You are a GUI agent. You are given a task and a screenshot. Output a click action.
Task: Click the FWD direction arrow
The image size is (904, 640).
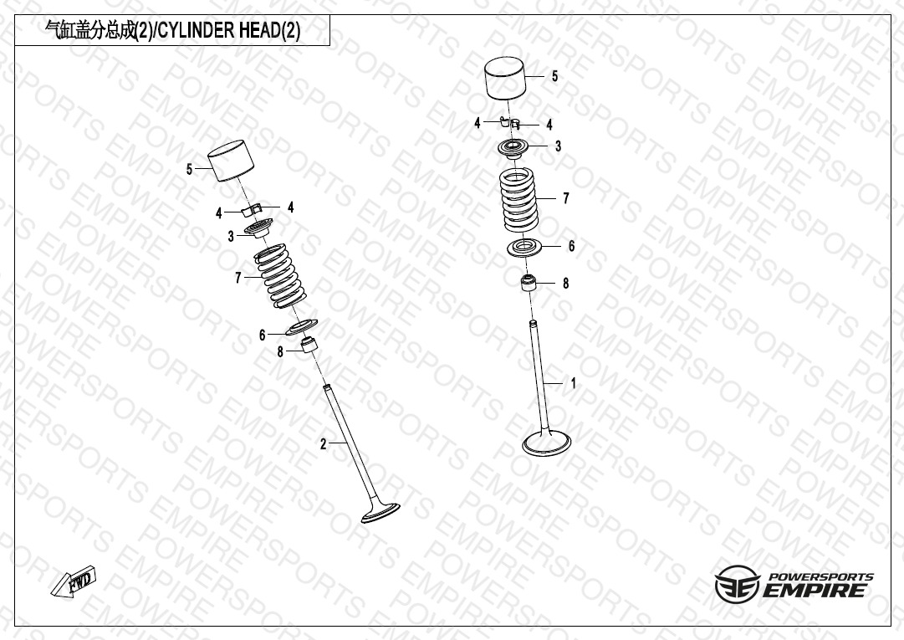[x=74, y=581]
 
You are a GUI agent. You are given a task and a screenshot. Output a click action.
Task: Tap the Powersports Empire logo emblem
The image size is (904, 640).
[x=738, y=584]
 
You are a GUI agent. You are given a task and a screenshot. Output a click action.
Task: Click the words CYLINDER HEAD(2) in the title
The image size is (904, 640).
[x=229, y=30]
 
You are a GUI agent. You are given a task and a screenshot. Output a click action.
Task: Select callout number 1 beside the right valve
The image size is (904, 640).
[x=573, y=383]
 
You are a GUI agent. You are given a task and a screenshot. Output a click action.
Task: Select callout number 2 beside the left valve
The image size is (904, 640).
[x=324, y=443]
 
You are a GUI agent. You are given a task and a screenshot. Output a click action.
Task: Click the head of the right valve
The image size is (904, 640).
[x=547, y=443]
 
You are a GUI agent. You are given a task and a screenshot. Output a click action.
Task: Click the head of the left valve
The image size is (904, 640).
[x=380, y=513]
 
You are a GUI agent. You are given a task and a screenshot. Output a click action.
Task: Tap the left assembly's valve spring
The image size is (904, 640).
[x=280, y=276]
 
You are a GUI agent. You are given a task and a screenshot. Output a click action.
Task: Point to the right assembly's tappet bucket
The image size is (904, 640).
[x=506, y=79]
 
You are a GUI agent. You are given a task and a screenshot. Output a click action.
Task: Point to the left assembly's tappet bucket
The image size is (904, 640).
[x=231, y=161]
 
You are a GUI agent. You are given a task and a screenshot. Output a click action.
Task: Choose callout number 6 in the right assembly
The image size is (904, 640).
[x=571, y=246]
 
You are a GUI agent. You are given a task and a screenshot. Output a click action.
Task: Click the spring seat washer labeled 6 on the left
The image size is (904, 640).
[x=302, y=327]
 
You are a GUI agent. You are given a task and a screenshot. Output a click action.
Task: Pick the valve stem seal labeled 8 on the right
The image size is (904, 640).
[x=529, y=283]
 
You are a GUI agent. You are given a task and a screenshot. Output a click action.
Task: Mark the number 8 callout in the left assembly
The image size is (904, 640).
[x=280, y=351]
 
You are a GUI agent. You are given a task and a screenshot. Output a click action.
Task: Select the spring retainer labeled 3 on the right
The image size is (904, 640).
[x=513, y=146]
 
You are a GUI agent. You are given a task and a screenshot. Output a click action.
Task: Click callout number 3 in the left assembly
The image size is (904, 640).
[x=231, y=237]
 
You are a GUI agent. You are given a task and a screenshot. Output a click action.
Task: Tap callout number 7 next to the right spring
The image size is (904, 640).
[x=566, y=198]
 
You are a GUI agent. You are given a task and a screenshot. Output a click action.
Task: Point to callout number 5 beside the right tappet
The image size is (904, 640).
[x=554, y=76]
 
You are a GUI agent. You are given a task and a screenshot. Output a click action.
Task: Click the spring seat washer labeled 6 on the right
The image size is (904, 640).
[x=524, y=248]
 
